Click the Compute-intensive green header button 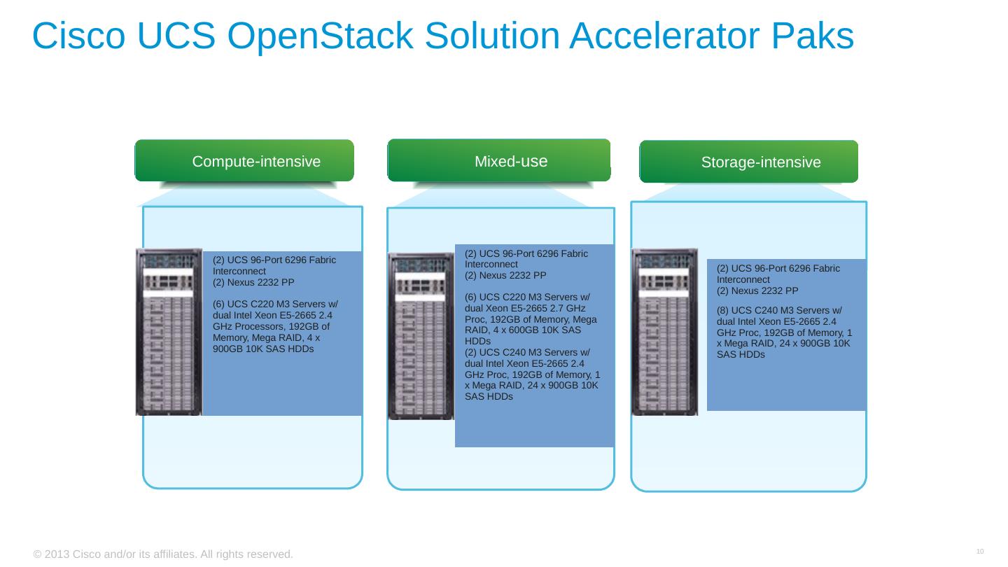[x=244, y=161]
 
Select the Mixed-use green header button [x=498, y=160]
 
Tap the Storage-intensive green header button [x=748, y=162]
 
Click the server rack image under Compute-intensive [x=169, y=332]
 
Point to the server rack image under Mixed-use [x=421, y=336]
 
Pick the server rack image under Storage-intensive [x=664, y=332]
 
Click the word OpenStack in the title [x=321, y=36]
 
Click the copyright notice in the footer [x=163, y=554]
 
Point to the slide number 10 [x=980, y=552]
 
